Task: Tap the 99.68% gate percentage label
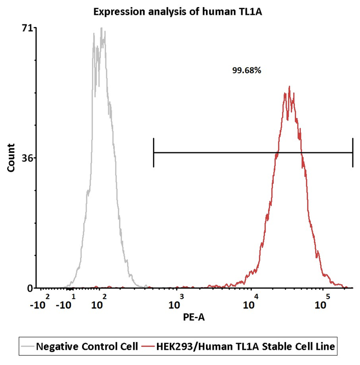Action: pyautogui.click(x=247, y=71)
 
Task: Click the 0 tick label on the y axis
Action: pyautogui.click(x=30, y=288)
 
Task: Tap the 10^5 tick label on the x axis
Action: pyautogui.click(x=321, y=304)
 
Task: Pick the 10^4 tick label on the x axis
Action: pyautogui.click(x=249, y=304)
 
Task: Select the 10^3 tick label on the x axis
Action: pyautogui.click(x=175, y=304)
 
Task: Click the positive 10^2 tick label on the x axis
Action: pyautogui.click(x=98, y=304)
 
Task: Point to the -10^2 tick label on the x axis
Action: pyautogui.click(x=39, y=304)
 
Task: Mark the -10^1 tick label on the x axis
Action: pyautogui.click(x=65, y=304)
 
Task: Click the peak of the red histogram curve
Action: pyautogui.click(x=289, y=87)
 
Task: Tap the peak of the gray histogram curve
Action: pyautogui.click(x=103, y=29)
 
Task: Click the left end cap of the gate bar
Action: pyautogui.click(x=153, y=152)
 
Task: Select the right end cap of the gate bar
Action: pyautogui.click(x=353, y=152)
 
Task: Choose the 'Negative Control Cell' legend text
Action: pyautogui.click(x=87, y=347)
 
